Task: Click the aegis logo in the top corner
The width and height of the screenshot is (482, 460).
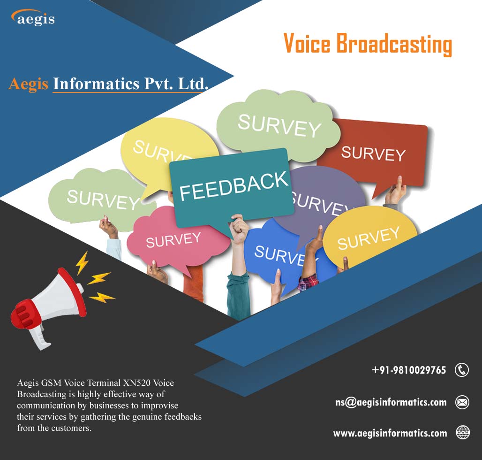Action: pyautogui.click(x=33, y=18)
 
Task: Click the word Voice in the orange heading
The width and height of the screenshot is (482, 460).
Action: pyautogui.click(x=307, y=43)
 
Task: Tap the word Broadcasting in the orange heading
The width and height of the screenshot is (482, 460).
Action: pyautogui.click(x=394, y=45)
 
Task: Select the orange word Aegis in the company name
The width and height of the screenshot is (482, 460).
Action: pyautogui.click(x=28, y=84)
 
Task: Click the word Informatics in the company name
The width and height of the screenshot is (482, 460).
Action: pyautogui.click(x=96, y=84)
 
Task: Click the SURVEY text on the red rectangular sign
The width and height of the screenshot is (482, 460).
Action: pyautogui.click(x=373, y=153)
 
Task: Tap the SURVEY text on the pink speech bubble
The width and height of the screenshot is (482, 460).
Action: pyautogui.click(x=173, y=240)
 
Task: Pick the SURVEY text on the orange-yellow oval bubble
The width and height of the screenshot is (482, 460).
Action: pyautogui.click(x=369, y=238)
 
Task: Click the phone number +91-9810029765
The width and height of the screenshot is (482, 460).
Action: pyautogui.click(x=409, y=370)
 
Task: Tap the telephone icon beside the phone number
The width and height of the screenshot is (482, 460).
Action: pyautogui.click(x=462, y=370)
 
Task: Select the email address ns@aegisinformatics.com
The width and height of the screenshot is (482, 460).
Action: pyautogui.click(x=391, y=402)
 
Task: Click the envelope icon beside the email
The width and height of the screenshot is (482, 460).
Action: pyautogui.click(x=462, y=402)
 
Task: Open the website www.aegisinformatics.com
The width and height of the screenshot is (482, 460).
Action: pyautogui.click(x=390, y=433)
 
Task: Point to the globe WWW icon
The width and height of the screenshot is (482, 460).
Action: pyautogui.click(x=463, y=432)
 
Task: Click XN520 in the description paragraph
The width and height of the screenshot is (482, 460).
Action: pyautogui.click(x=137, y=383)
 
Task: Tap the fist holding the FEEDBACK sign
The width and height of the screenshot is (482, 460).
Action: pyautogui.click(x=239, y=228)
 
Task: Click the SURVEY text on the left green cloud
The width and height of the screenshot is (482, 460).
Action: pyautogui.click(x=103, y=200)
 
